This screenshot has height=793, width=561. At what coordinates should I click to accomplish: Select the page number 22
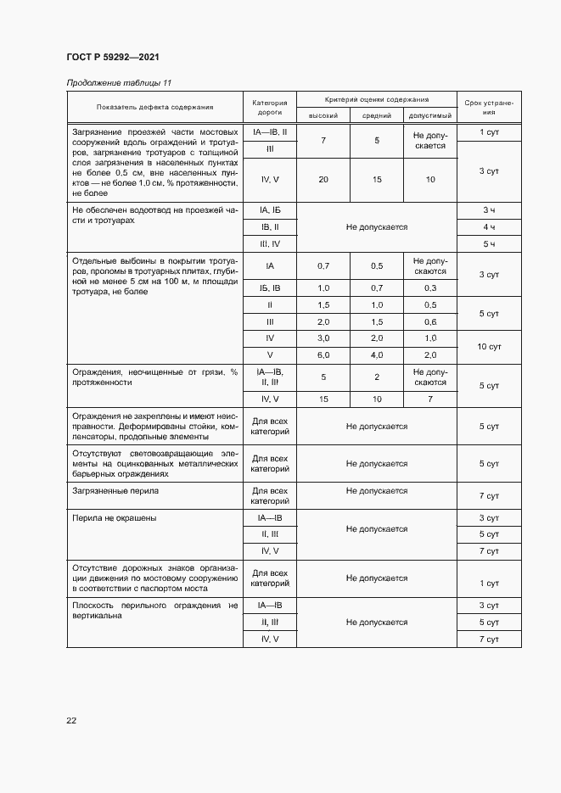coord(71,720)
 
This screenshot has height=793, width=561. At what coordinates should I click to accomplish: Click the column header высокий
coord(323,115)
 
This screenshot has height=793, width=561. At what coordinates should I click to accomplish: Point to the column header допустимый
coord(430,115)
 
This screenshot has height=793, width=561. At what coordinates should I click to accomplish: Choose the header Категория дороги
coord(270,107)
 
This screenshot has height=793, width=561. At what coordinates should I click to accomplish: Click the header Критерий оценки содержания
coord(376,99)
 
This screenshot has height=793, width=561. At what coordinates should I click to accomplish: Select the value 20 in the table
coord(323,180)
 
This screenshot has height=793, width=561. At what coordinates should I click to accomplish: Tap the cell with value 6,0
coord(323,354)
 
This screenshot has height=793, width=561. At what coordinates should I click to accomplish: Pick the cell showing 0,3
coord(430,288)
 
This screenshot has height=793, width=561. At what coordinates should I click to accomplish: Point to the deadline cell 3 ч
coord(489,209)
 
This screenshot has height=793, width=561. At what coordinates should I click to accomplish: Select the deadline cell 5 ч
coord(489,245)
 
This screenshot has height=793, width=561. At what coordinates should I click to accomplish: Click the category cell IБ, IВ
coord(270,288)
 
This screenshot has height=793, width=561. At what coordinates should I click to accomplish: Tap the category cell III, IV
coord(270,245)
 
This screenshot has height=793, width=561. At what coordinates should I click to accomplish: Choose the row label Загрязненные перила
coord(110,491)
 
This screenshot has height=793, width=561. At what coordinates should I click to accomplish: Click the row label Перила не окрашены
coord(109,517)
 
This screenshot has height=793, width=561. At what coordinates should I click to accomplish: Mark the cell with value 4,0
coord(377,354)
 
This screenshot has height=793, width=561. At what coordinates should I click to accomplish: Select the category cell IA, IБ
coord(270,209)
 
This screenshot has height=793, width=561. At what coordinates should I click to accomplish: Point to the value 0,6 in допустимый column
coord(430,322)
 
